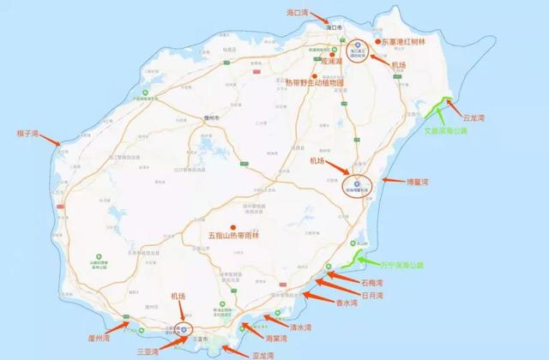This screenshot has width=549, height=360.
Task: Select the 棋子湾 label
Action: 29,134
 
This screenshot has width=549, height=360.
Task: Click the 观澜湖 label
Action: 306,62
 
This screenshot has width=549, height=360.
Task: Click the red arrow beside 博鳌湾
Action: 390,180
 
